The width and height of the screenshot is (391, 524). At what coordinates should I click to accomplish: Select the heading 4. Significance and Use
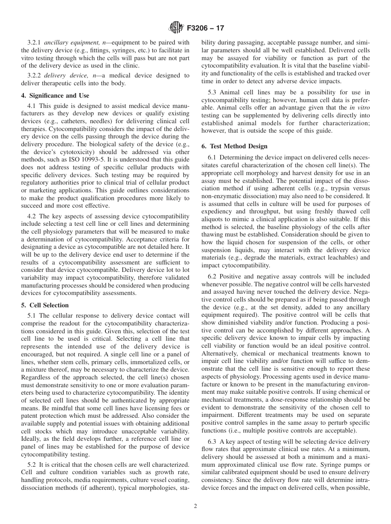(x=55, y=96)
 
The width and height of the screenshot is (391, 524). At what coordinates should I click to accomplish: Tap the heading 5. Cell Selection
(x=45, y=305)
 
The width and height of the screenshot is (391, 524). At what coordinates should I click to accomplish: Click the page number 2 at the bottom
(x=195, y=506)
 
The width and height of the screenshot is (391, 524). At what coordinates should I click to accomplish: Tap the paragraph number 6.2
(x=212, y=276)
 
